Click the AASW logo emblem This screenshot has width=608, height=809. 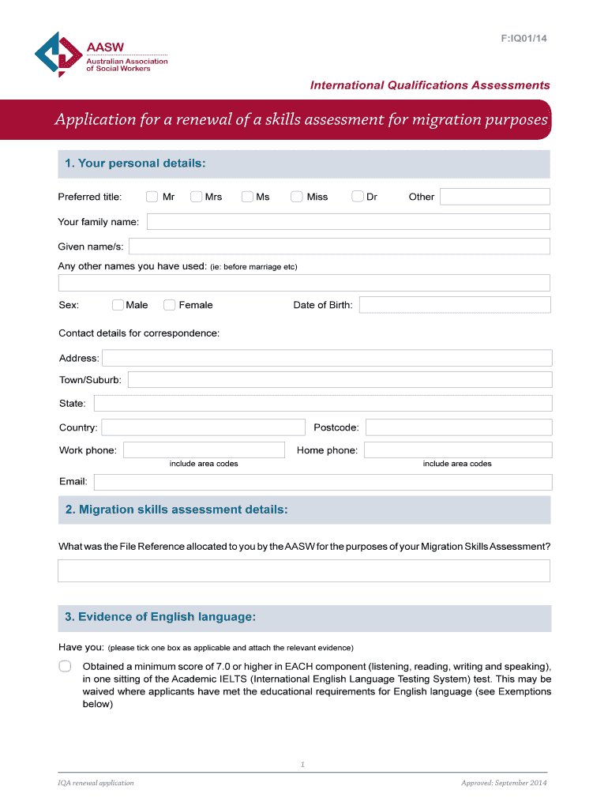pyautogui.click(x=58, y=54)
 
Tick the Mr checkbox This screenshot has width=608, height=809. pyautogui.click(x=152, y=197)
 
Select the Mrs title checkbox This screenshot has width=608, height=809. pyautogui.click(x=196, y=197)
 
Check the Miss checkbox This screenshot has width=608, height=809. pyautogui.click(x=297, y=197)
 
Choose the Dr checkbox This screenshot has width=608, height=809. pyautogui.click(x=358, y=197)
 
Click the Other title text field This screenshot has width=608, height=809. pyautogui.click(x=494, y=197)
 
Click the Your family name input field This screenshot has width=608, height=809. pyautogui.click(x=348, y=222)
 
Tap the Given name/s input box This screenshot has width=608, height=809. pyautogui.click(x=340, y=246)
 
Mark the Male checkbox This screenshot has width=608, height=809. pyautogui.click(x=118, y=305)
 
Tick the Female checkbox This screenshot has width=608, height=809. pyautogui.click(x=169, y=305)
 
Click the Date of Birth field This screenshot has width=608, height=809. pyautogui.click(x=455, y=305)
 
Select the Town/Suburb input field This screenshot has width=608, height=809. pyautogui.click(x=340, y=380)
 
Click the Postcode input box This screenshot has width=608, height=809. pyautogui.click(x=458, y=427)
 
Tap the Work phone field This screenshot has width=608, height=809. pyautogui.click(x=204, y=450)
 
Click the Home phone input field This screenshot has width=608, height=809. pyautogui.click(x=458, y=450)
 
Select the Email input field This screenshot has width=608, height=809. pyautogui.click(x=322, y=482)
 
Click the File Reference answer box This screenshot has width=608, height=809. pyautogui.click(x=304, y=570)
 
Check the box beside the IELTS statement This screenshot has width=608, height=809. pyautogui.click(x=65, y=666)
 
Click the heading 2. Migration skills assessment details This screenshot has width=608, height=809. pyautogui.click(x=177, y=510)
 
